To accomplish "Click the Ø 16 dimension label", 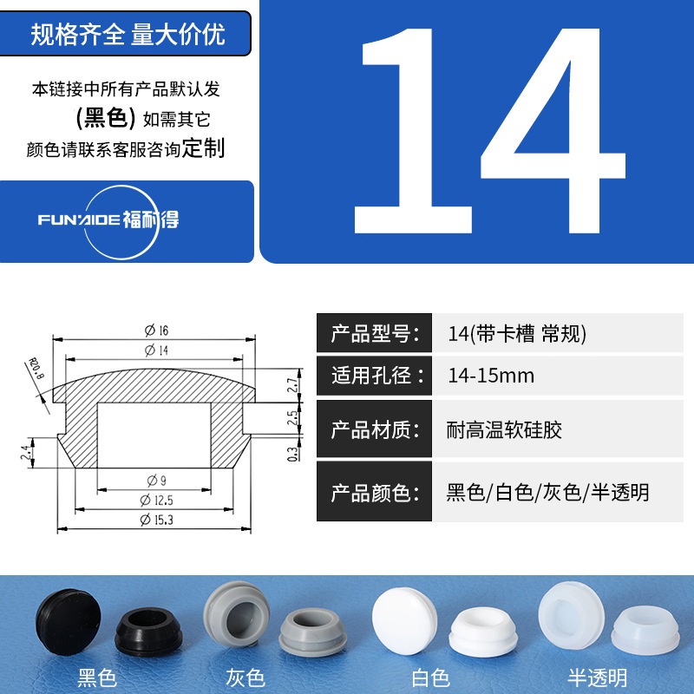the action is pyautogui.click(x=157, y=331).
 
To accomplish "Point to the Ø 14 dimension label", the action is pyautogui.click(x=157, y=350).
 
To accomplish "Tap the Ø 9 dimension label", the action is pyautogui.click(x=157, y=481).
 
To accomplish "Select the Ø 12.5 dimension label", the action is pyautogui.click(x=157, y=501).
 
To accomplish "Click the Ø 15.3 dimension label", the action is pyautogui.click(x=157, y=520).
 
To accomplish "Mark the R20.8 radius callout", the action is pyautogui.click(x=36, y=369).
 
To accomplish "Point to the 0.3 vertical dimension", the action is pyautogui.click(x=292, y=454).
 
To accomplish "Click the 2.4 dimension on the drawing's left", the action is pyautogui.click(x=26, y=452).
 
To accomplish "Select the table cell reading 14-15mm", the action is pyautogui.click(x=491, y=376).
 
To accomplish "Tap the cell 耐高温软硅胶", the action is pyautogui.click(x=504, y=429).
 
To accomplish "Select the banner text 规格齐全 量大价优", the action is pyautogui.click(x=128, y=34).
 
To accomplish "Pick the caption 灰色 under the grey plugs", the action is pyautogui.click(x=246, y=678).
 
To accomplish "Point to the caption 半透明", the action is pyautogui.click(x=598, y=678).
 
